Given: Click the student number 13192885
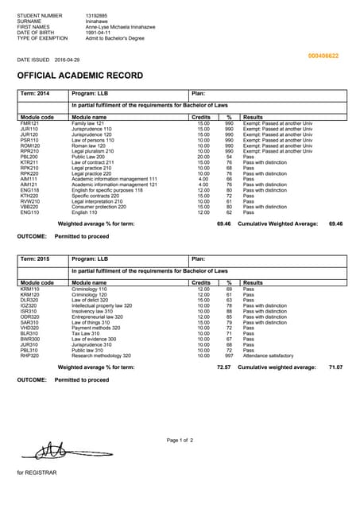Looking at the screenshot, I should pos(96,15).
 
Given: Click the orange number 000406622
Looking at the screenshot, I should pos(323,56).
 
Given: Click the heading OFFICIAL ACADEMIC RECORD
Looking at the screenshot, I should pos(80,76).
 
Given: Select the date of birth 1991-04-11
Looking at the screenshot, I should pos(99,32).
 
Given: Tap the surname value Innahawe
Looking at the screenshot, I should pos(98,21).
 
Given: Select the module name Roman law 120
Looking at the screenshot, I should pos(90,146).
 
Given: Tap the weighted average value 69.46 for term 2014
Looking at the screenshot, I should pos(223,224).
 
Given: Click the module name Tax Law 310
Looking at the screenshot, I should pos(86,334).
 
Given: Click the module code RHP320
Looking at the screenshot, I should pos(29,356).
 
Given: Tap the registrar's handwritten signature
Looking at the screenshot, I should pos(64,450).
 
